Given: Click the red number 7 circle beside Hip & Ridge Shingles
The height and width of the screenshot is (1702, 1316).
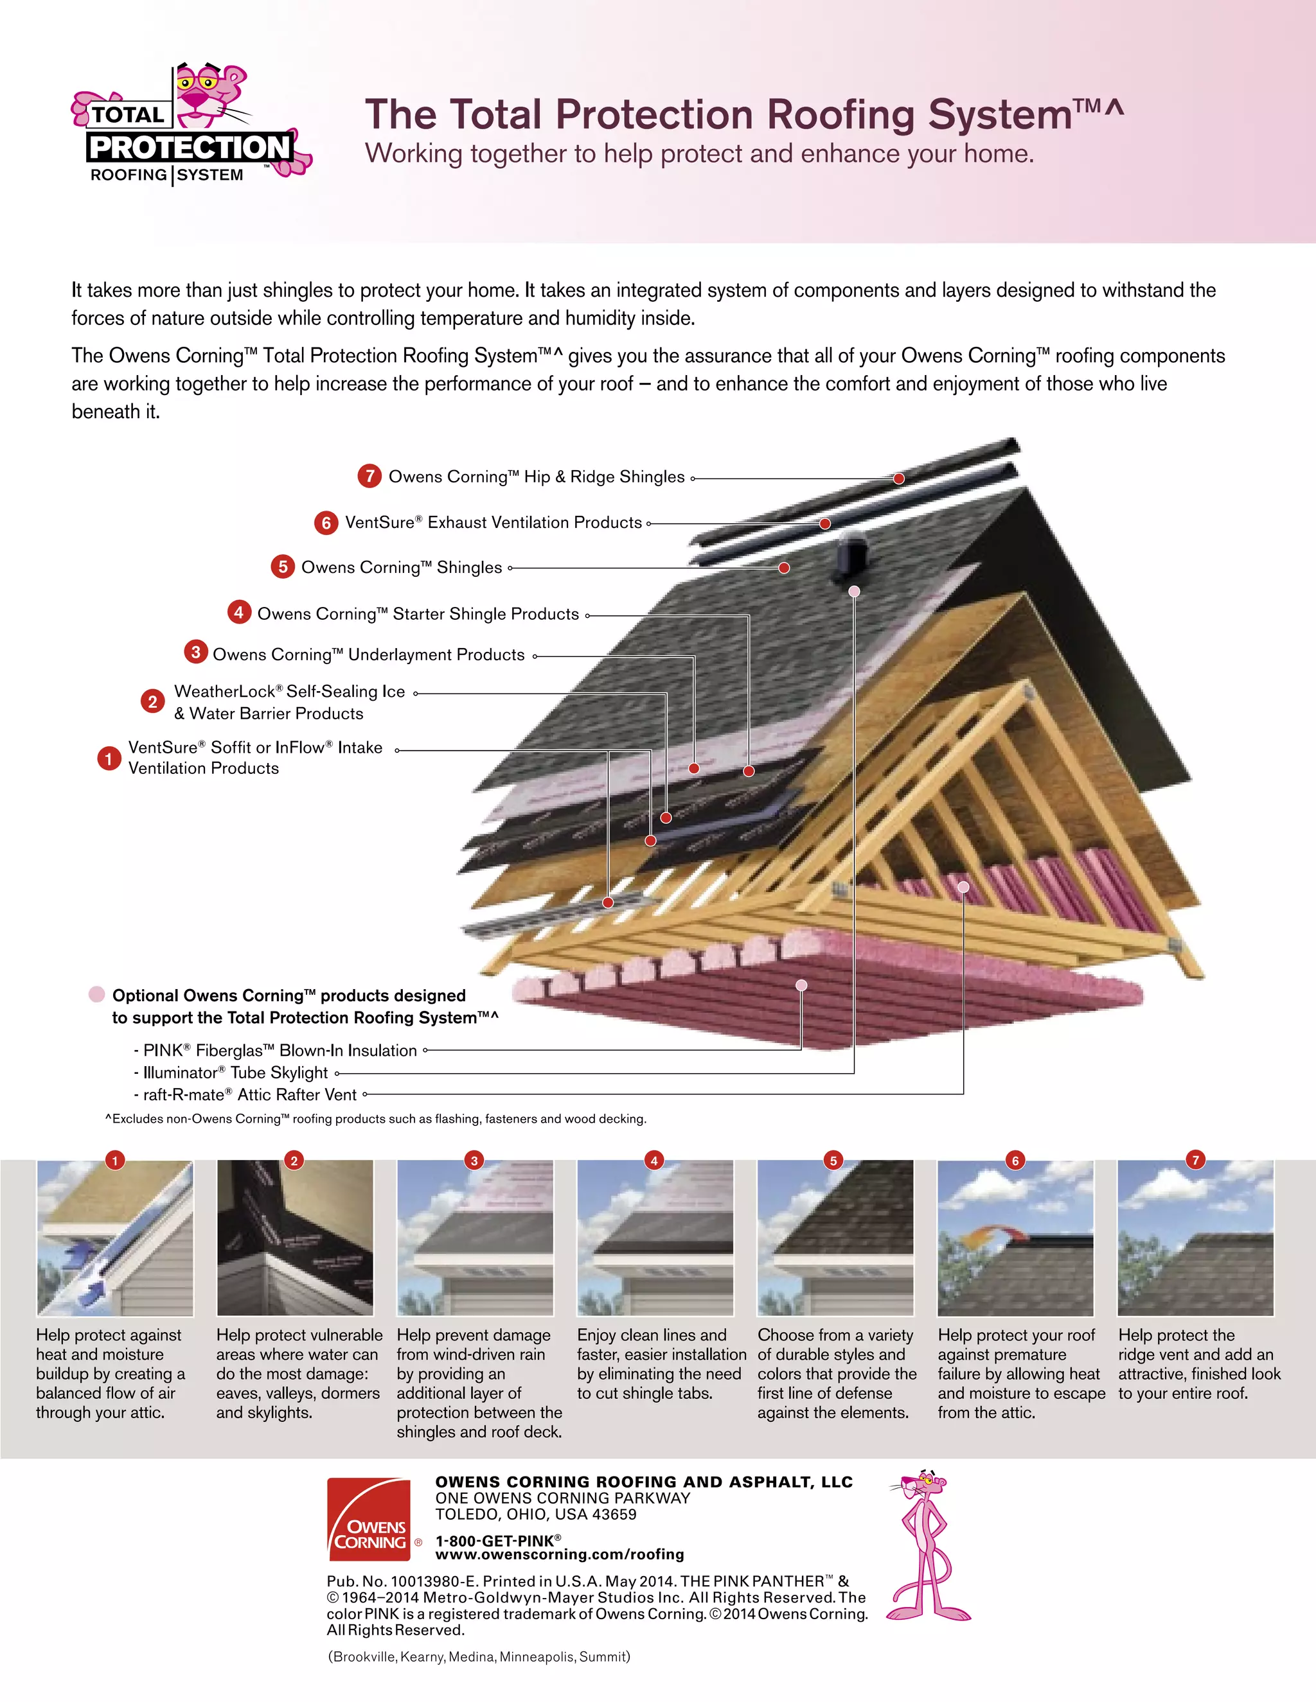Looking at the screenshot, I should pyautogui.click(x=369, y=476).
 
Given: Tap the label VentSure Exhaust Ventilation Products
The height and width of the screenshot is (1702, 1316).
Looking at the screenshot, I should pyautogui.click(x=493, y=523).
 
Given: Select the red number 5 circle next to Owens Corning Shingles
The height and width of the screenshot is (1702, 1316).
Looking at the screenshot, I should pyautogui.click(x=282, y=566).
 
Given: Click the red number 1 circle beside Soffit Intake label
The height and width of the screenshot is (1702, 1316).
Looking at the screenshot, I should pyautogui.click(x=109, y=757).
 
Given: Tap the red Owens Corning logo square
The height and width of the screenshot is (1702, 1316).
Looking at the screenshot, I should pyautogui.click(x=369, y=1519).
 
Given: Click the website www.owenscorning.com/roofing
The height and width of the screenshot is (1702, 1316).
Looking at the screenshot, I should pyautogui.click(x=559, y=1555).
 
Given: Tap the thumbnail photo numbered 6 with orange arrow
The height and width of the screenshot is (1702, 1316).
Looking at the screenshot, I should pyautogui.click(x=1015, y=1240).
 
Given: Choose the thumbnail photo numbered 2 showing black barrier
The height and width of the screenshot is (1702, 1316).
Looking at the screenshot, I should pyautogui.click(x=295, y=1240).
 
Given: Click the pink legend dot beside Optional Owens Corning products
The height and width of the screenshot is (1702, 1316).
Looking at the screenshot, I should pyautogui.click(x=96, y=994).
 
